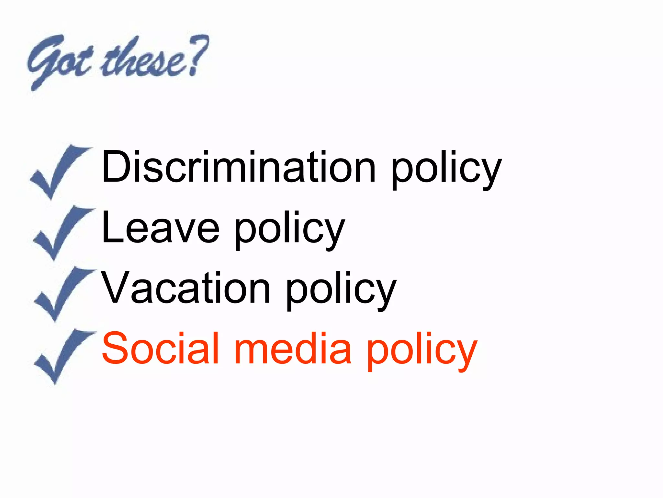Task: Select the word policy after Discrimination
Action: pos(446,170)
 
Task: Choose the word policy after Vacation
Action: pos(341,291)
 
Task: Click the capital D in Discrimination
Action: pos(117,167)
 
